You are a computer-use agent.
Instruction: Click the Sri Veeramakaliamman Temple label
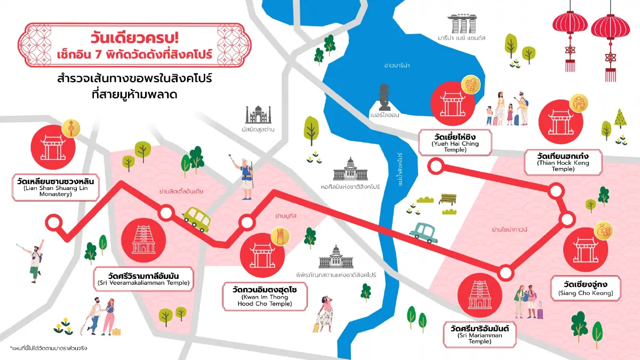[x=143, y=279]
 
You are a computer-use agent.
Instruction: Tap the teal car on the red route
[x=424, y=232]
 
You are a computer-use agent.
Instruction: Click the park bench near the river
[x=447, y=199]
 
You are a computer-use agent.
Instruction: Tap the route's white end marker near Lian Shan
[x=53, y=221]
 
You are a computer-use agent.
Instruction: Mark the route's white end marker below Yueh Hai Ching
[x=436, y=166]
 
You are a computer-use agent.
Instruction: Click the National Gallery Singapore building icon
[x=350, y=169]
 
